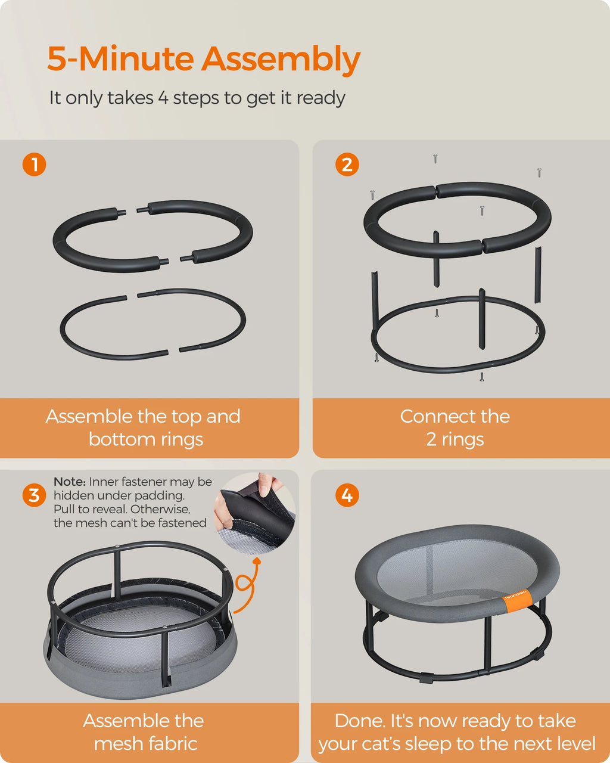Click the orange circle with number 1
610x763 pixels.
pyautogui.click(x=34, y=165)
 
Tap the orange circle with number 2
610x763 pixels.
pyautogui.click(x=347, y=165)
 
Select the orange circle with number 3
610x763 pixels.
pyautogui.click(x=34, y=495)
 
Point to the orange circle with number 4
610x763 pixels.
pyautogui.click(x=347, y=495)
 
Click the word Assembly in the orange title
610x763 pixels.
pyautogui.click(x=281, y=60)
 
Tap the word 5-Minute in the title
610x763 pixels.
pyautogui.click(x=120, y=58)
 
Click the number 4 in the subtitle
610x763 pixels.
pyautogui.click(x=163, y=98)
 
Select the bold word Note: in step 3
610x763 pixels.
pyautogui.click(x=70, y=482)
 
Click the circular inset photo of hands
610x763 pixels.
pyautogui.click(x=255, y=513)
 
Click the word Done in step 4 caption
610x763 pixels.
pyautogui.click(x=360, y=721)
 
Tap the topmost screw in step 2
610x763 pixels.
pyautogui.click(x=435, y=159)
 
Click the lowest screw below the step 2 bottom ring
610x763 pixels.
pyautogui.click(x=482, y=377)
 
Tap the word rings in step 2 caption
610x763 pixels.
pyautogui.click(x=462, y=440)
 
